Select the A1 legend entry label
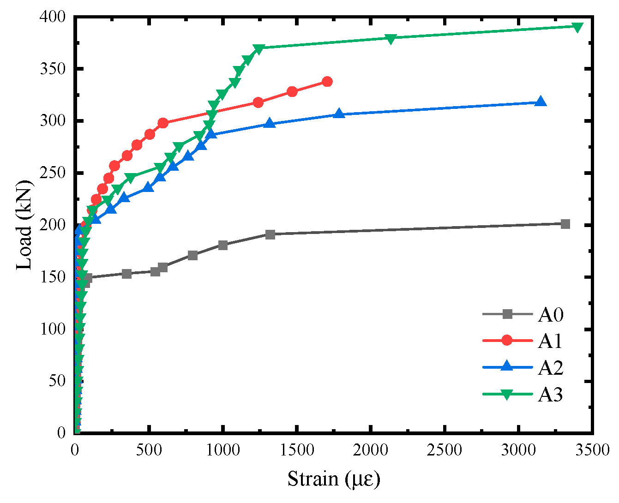tap(551, 341)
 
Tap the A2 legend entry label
tap(551, 368)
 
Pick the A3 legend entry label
tap(551, 395)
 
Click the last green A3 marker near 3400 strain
tap(577, 27)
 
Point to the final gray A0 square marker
tap(565, 224)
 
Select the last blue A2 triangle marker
tap(541, 102)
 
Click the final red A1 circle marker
tap(327, 82)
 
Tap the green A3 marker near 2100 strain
tap(391, 39)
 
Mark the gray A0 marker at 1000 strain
tap(223, 245)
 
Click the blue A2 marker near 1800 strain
tap(339, 114)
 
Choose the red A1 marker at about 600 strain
tap(163, 123)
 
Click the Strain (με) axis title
tap(334, 479)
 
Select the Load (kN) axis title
tap(24, 225)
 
